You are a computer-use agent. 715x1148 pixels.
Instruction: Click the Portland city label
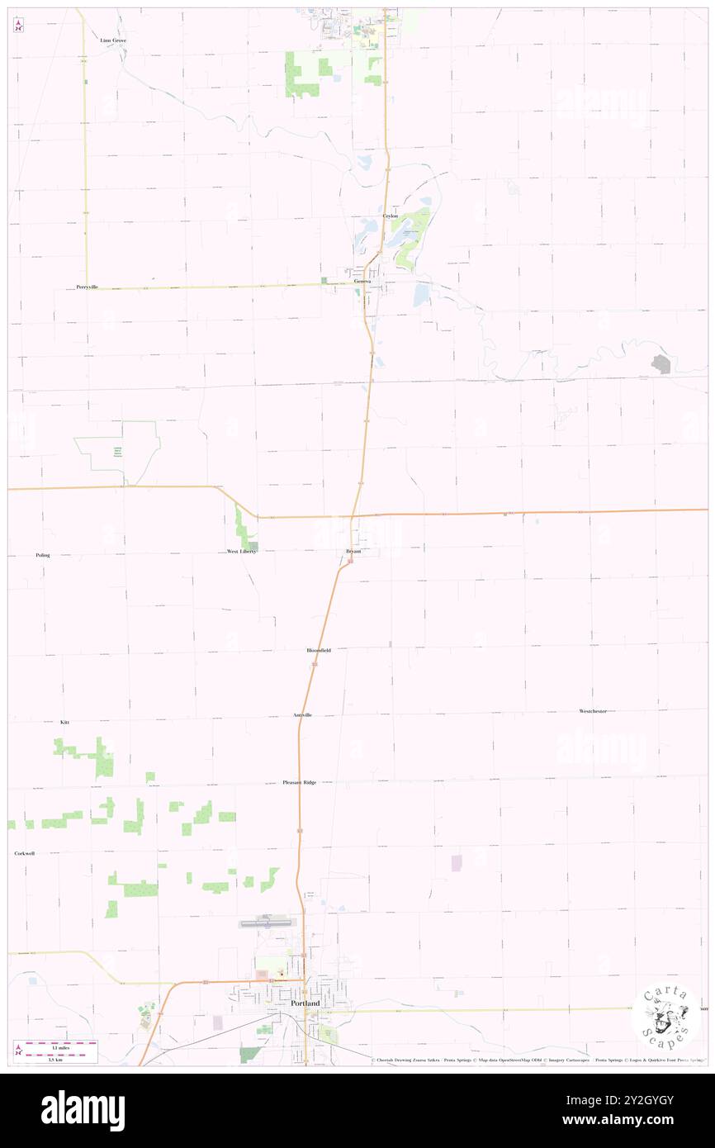tap(305, 1003)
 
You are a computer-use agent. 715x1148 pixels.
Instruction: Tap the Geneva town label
tap(362, 281)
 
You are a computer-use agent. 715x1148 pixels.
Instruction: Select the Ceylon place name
tap(390, 216)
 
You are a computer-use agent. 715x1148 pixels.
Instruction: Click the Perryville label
tap(87, 287)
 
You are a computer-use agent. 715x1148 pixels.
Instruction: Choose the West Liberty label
tap(242, 551)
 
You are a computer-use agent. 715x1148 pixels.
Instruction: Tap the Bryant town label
tap(353, 551)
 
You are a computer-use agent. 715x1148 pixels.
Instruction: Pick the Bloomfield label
tap(319, 651)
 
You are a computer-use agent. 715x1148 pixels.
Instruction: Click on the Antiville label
tap(302, 714)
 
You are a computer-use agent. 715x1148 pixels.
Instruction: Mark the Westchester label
tap(593, 711)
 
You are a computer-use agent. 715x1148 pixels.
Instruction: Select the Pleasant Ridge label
tap(299, 782)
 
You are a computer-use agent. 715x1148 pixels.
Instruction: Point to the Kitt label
tap(66, 722)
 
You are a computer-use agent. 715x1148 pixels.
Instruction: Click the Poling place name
tap(43, 555)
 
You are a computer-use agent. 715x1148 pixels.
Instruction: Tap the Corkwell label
tap(25, 853)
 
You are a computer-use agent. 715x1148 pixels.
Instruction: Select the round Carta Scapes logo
tap(665, 1018)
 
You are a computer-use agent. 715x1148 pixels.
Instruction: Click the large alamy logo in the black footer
tap(83, 1109)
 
